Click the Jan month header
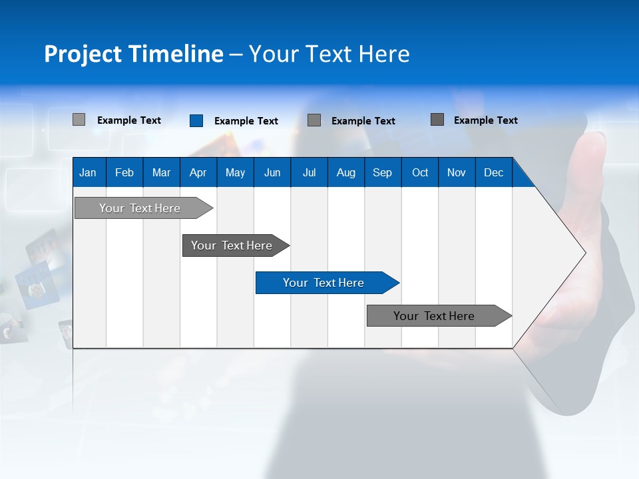point(88,172)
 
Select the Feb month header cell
point(124,172)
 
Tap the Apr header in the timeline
point(198,172)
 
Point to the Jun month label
point(272,172)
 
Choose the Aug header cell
point(346,172)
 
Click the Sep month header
point(383,172)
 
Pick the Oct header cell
point(420,172)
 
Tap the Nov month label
point(457,172)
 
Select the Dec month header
point(494,172)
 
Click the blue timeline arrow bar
point(326,283)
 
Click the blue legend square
point(196,120)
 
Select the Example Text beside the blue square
point(246,121)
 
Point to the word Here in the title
point(384,54)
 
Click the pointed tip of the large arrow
point(584,252)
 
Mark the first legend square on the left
point(79,120)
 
